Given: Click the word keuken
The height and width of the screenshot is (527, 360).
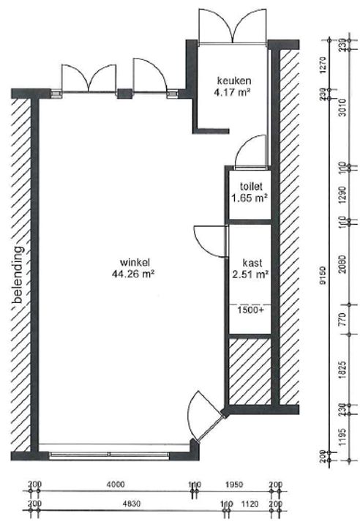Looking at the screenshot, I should [233, 80].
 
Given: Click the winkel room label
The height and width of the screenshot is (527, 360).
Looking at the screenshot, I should [136, 263].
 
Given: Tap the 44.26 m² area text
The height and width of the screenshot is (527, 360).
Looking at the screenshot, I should [136, 274].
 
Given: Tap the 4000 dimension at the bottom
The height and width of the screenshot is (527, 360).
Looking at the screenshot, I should [113, 485].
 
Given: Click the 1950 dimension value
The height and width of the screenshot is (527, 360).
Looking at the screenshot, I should [234, 485].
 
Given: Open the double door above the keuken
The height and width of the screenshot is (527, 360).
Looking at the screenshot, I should [233, 27].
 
